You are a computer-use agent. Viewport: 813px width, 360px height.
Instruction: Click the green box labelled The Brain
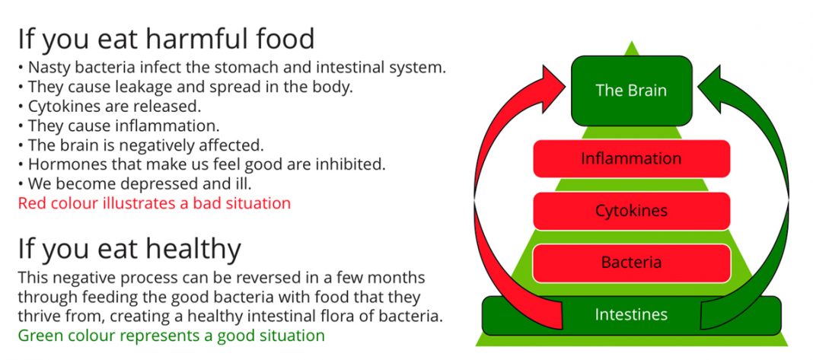click(632, 91)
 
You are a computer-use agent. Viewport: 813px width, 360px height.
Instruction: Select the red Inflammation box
click(632, 159)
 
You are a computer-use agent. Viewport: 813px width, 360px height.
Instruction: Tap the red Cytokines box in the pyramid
click(632, 211)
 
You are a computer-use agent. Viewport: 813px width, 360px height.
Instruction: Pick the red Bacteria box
click(632, 263)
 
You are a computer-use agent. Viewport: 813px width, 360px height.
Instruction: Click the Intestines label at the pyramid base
click(631, 314)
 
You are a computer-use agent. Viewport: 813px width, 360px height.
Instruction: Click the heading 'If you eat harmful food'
click(166, 40)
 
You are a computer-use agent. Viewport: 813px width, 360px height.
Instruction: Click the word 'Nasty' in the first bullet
click(49, 68)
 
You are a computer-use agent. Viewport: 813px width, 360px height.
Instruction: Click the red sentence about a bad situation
click(155, 203)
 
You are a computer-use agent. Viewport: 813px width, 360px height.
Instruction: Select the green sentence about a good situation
click(171, 336)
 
